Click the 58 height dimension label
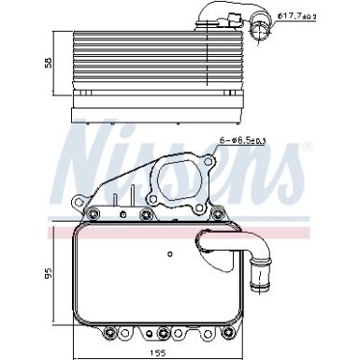click(49, 63)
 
